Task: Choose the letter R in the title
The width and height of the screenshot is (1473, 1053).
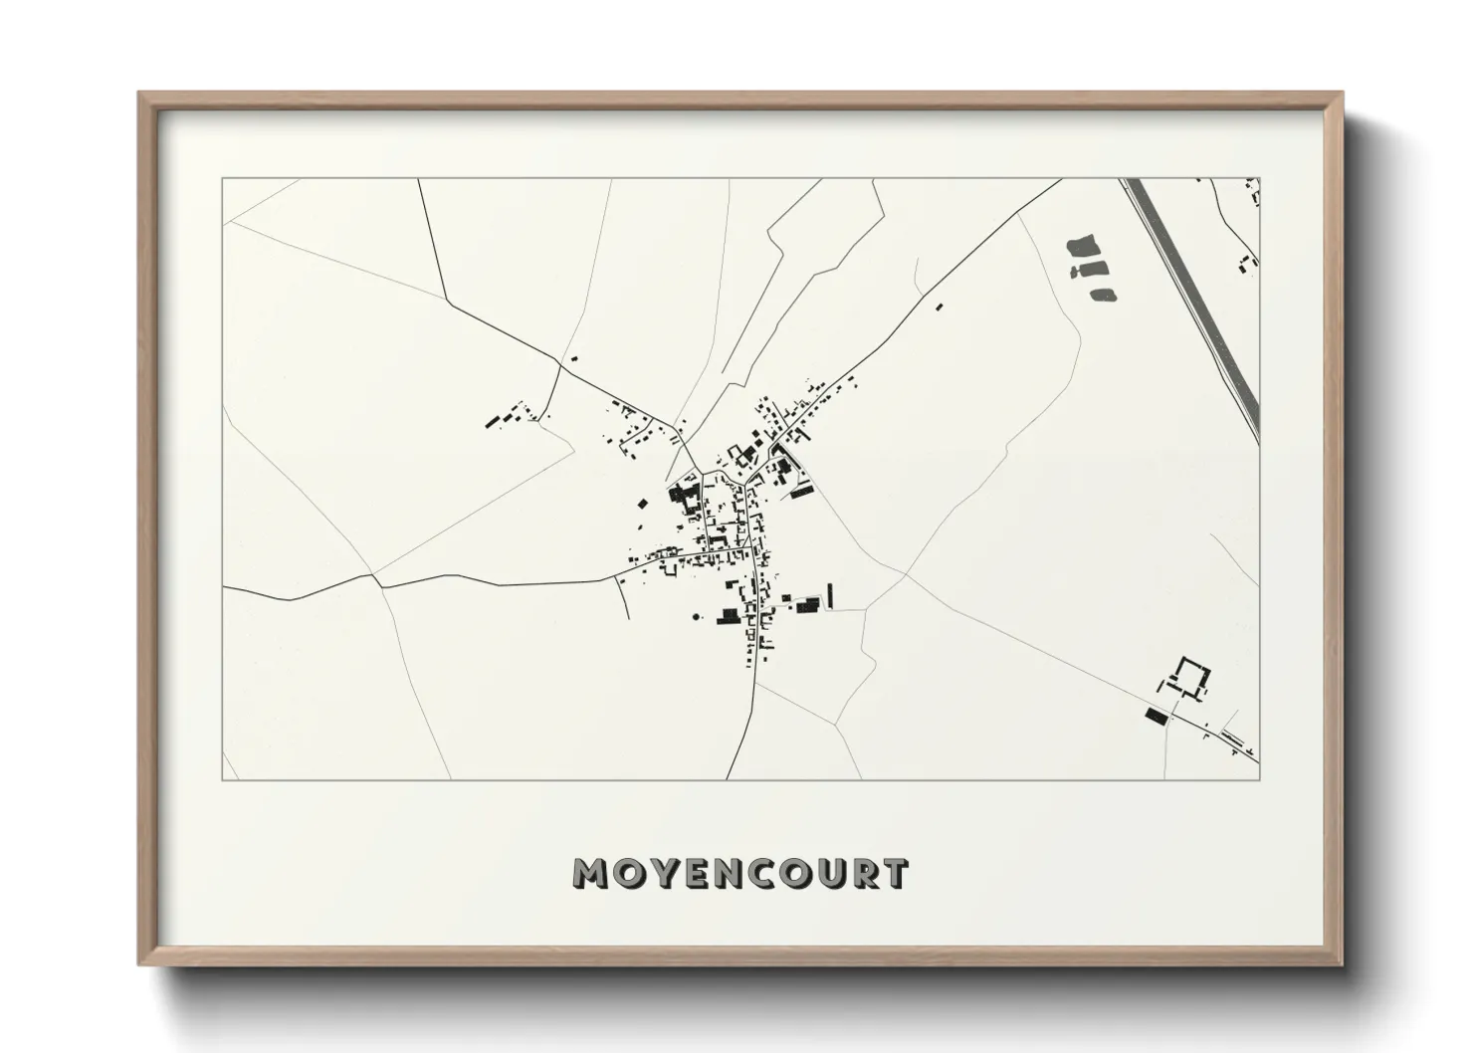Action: [x=863, y=874]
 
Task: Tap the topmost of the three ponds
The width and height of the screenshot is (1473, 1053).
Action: [x=1079, y=244]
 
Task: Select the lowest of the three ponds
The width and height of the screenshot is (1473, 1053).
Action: [x=1103, y=294]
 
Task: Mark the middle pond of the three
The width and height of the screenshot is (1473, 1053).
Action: [x=1090, y=269]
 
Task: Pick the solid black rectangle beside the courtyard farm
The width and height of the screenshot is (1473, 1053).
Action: [x=1155, y=714]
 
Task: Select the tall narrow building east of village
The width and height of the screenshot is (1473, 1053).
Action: [x=830, y=595]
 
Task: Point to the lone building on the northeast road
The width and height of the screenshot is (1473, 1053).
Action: [x=938, y=307]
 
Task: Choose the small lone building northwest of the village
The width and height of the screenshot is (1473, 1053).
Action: [x=572, y=356]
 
